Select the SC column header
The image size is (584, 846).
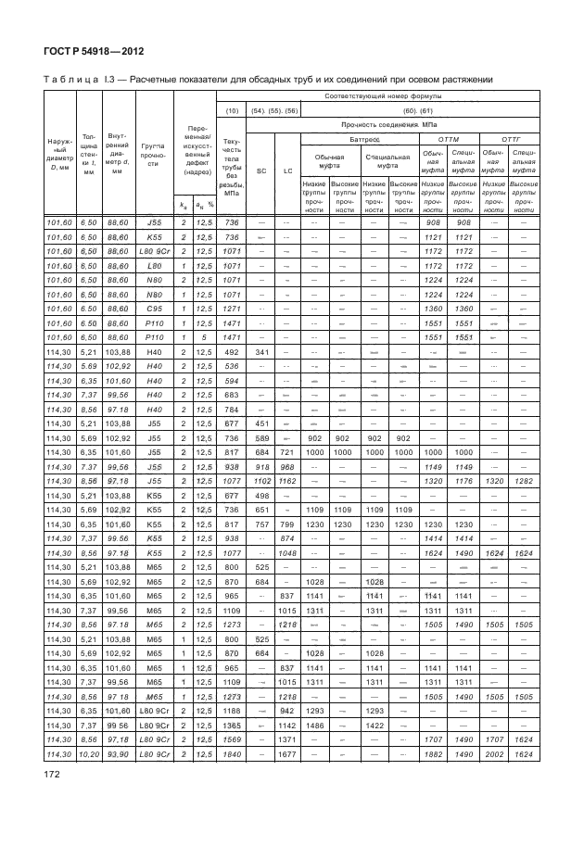tap(261, 171)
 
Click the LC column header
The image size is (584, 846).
tap(288, 171)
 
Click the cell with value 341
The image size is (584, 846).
tap(261, 378)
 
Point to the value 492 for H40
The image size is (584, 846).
tap(232, 378)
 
